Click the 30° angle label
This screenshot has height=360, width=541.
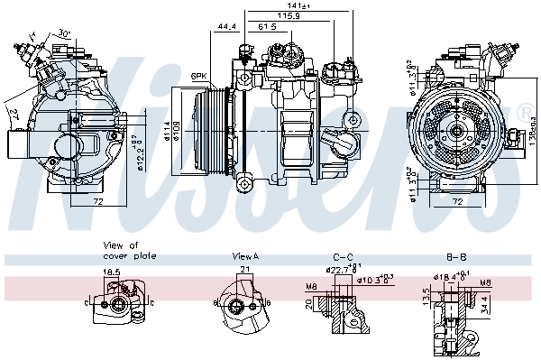64,32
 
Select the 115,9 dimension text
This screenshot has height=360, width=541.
288,16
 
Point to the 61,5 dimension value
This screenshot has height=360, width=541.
267,27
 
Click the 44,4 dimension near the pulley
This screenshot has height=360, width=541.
226,27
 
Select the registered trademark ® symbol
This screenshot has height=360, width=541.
524,113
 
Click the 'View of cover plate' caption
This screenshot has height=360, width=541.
129,251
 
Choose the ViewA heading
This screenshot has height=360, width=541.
244,256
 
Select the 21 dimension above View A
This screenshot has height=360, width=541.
244,270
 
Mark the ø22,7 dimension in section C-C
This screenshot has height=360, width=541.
341,268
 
